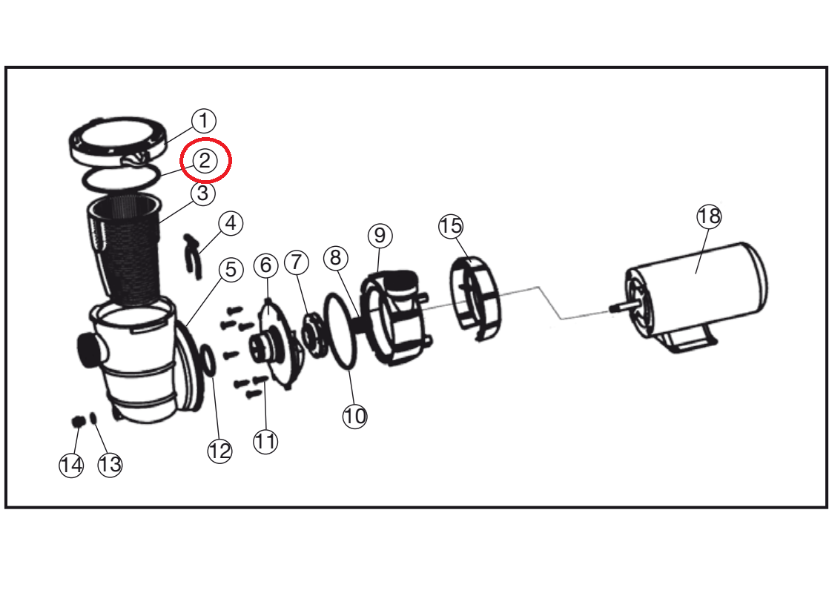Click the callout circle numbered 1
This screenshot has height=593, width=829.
pos(204,121)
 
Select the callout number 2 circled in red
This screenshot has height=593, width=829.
pos(205,159)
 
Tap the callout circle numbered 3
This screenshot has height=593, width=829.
pos(203,193)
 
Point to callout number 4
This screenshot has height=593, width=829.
pos(231,223)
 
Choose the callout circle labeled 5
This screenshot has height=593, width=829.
pos(231,270)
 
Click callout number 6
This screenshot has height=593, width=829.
pos(266,265)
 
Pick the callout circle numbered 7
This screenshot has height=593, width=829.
pos(297,262)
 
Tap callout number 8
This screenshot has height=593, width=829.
pos(336,257)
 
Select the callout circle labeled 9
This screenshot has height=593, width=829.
pos(380,235)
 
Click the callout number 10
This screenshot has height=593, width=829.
pos(354,416)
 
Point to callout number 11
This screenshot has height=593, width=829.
pos(265,441)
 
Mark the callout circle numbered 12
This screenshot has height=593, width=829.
pos(220,451)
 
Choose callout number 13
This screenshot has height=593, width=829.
pos(110,465)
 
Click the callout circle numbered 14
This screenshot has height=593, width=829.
pos(71,465)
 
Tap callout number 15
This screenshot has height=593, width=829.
pos(451,225)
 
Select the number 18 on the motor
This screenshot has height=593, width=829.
pos(709,216)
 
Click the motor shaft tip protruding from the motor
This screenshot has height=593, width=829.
pos(612,308)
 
